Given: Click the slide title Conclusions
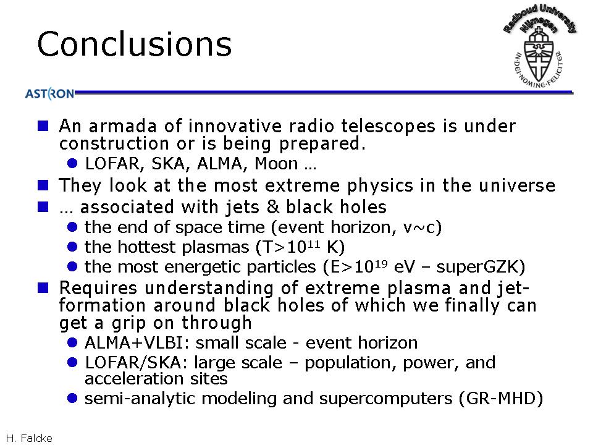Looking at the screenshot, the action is tap(134, 44).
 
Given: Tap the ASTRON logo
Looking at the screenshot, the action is tap(49, 93).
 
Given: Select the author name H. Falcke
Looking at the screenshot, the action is tap(29, 438).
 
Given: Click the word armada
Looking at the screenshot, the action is tap(122, 126).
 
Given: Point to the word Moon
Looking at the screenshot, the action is tap(276, 163).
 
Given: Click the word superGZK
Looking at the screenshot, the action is tap(481, 266).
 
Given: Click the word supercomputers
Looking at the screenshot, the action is tap(385, 399).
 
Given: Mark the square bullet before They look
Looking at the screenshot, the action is tap(43, 185).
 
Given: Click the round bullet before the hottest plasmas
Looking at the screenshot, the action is tap(72, 247).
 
